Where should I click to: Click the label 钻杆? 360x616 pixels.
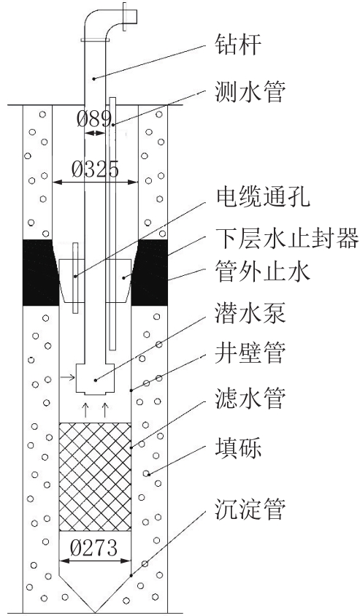tap(239, 45)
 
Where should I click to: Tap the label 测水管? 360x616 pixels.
tap(250, 93)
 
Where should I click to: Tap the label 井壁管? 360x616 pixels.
tap(250, 353)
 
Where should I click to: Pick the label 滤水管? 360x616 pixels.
tap(250, 399)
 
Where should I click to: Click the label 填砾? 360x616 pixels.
tap(239, 448)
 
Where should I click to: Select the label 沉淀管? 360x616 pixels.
tap(250, 509)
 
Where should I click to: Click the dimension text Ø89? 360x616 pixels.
tap(93, 118)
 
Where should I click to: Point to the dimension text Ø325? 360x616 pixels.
tap(95, 170)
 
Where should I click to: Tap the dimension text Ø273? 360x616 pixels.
tap(94, 547)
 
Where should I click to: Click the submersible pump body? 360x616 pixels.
tap(95, 379)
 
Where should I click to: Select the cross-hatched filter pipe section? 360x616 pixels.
tap(95, 477)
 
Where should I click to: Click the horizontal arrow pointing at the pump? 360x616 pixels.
tap(66, 377)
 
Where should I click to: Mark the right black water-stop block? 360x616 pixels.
tap(152, 272)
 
